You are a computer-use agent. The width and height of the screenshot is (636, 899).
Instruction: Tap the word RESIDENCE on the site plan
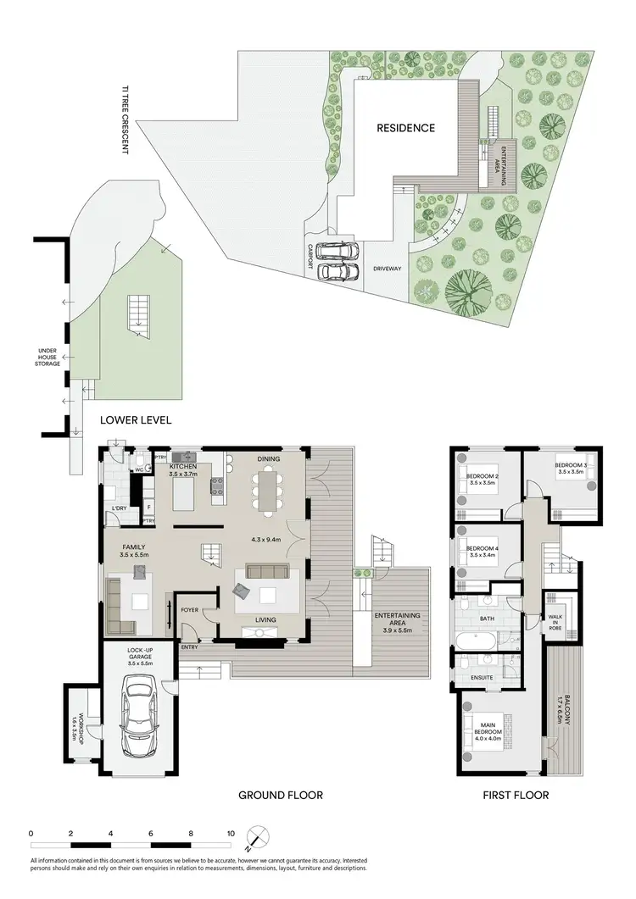406,128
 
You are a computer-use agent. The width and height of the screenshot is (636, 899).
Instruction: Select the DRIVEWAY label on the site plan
388,269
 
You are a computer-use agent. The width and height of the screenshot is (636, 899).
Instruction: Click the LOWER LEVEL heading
137,419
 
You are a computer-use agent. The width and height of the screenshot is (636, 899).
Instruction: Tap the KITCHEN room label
184,467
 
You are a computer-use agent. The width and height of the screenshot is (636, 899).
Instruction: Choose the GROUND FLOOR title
281,795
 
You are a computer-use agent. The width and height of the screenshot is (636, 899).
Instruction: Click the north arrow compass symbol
257,838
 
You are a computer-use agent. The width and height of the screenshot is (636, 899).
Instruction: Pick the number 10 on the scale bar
231,833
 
